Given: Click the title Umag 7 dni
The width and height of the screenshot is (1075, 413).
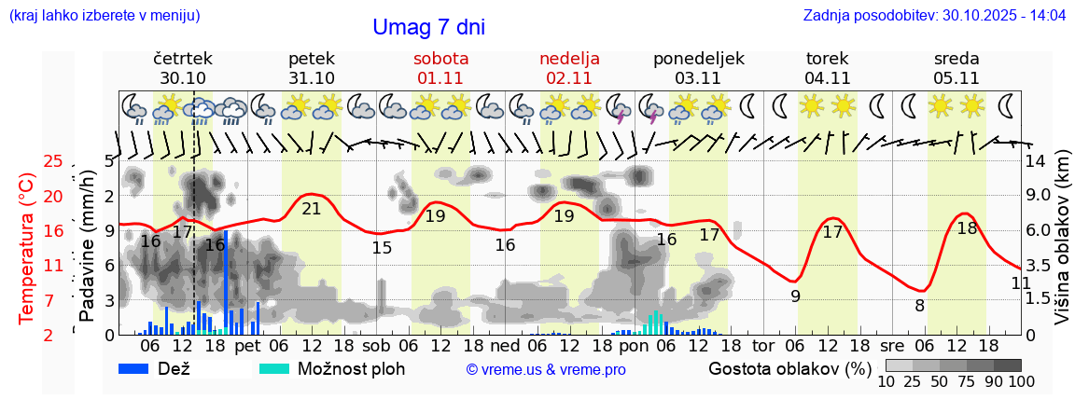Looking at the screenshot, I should coord(428,27).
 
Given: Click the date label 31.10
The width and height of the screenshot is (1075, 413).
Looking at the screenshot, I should coord(312,77).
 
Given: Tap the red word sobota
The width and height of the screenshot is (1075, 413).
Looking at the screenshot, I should coord(441,59).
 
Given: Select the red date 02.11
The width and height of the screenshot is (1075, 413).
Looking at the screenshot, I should coord(569,77).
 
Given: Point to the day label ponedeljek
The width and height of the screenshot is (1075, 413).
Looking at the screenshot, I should coord(698,59).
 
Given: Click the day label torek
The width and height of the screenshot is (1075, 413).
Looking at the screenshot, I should coord(827,59).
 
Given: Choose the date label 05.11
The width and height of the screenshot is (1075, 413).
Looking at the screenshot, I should coord(956,77).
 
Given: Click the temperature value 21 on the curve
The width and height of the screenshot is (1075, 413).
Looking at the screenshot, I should coord(312,209).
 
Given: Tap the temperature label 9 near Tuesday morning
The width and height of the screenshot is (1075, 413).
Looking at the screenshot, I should coord(795,296).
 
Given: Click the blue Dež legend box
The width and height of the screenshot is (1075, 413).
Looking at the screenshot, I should coord(140,368).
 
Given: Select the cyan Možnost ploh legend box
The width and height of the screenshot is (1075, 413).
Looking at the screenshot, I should coord(274,368).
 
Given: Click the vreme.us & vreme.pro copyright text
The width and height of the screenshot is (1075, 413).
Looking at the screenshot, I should coord(546,369).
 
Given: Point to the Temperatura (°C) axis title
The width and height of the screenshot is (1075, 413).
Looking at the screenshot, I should coord(26,247).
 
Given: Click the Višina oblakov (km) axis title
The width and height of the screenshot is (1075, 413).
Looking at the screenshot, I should coord(1061,247).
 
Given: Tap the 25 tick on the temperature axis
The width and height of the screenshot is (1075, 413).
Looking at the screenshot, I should coord(53,162).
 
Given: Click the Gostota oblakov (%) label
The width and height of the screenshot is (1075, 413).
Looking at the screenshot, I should coord(789,367).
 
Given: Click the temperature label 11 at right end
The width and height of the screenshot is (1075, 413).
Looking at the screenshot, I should coord(1021,282).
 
